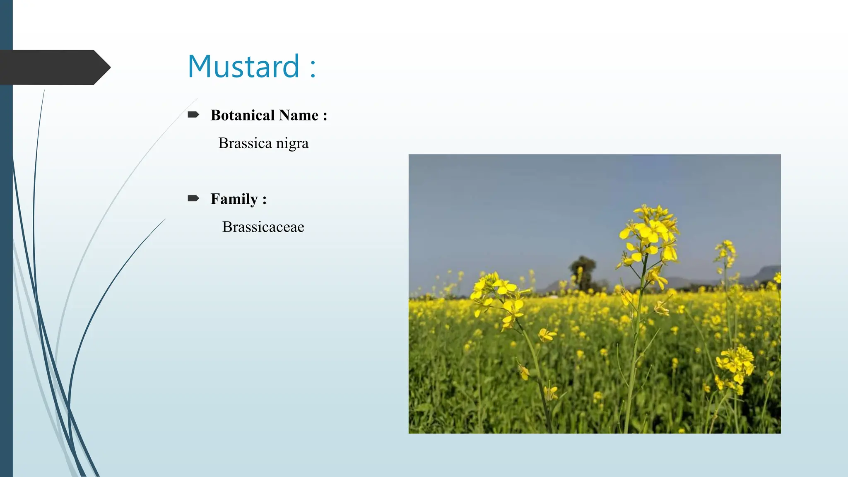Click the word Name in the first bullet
click(299, 115)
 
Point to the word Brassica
click(245, 143)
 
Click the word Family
click(234, 199)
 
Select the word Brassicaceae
click(263, 227)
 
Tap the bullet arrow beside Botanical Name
click(193, 115)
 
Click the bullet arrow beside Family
click(193, 198)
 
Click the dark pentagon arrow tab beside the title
click(54, 67)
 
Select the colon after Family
click(264, 200)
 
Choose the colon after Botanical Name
click(325, 116)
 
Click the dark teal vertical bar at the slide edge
click(6, 248)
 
